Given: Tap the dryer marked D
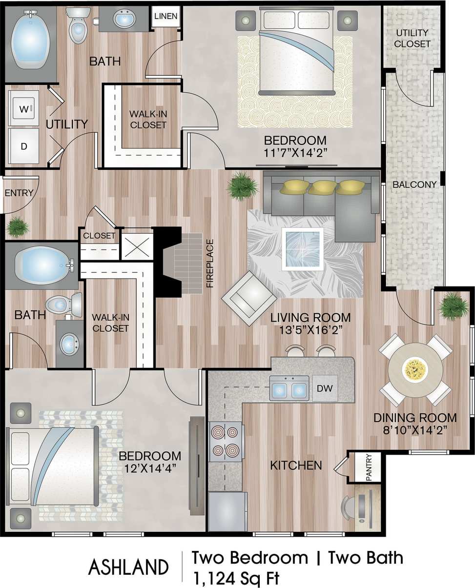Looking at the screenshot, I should [x=23, y=145].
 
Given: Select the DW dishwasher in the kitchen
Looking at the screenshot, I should [x=325, y=388].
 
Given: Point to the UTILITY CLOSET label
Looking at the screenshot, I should [x=413, y=39].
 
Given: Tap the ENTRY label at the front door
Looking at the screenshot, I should [x=19, y=193].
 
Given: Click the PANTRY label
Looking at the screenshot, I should [x=369, y=468].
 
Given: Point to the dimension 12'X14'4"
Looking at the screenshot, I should [x=150, y=467].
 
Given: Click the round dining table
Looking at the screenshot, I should [x=415, y=370].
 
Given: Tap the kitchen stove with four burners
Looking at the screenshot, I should [x=226, y=441].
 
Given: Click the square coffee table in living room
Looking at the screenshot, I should [x=303, y=249].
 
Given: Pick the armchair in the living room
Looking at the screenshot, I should [x=249, y=298].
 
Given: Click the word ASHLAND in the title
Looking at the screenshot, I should [x=128, y=568].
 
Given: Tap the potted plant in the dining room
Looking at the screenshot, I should [x=453, y=306].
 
